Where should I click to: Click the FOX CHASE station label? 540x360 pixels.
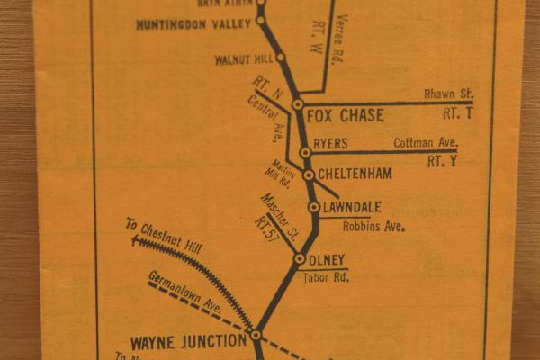coord(345,115)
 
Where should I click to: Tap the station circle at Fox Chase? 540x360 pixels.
coord(298,105)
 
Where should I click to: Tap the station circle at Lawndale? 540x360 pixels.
coord(313,208)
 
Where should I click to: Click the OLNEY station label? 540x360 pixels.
coord(327,260)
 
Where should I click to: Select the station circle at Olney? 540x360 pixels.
coord(299,259)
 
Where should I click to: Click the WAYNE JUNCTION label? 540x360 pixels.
coord(188,341)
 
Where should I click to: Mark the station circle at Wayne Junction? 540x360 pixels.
coord(256,335)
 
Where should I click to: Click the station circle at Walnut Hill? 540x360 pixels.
coord(280,57)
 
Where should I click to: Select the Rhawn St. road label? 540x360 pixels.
coord(447,94)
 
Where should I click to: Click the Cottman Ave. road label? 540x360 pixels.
coord(426,143)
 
